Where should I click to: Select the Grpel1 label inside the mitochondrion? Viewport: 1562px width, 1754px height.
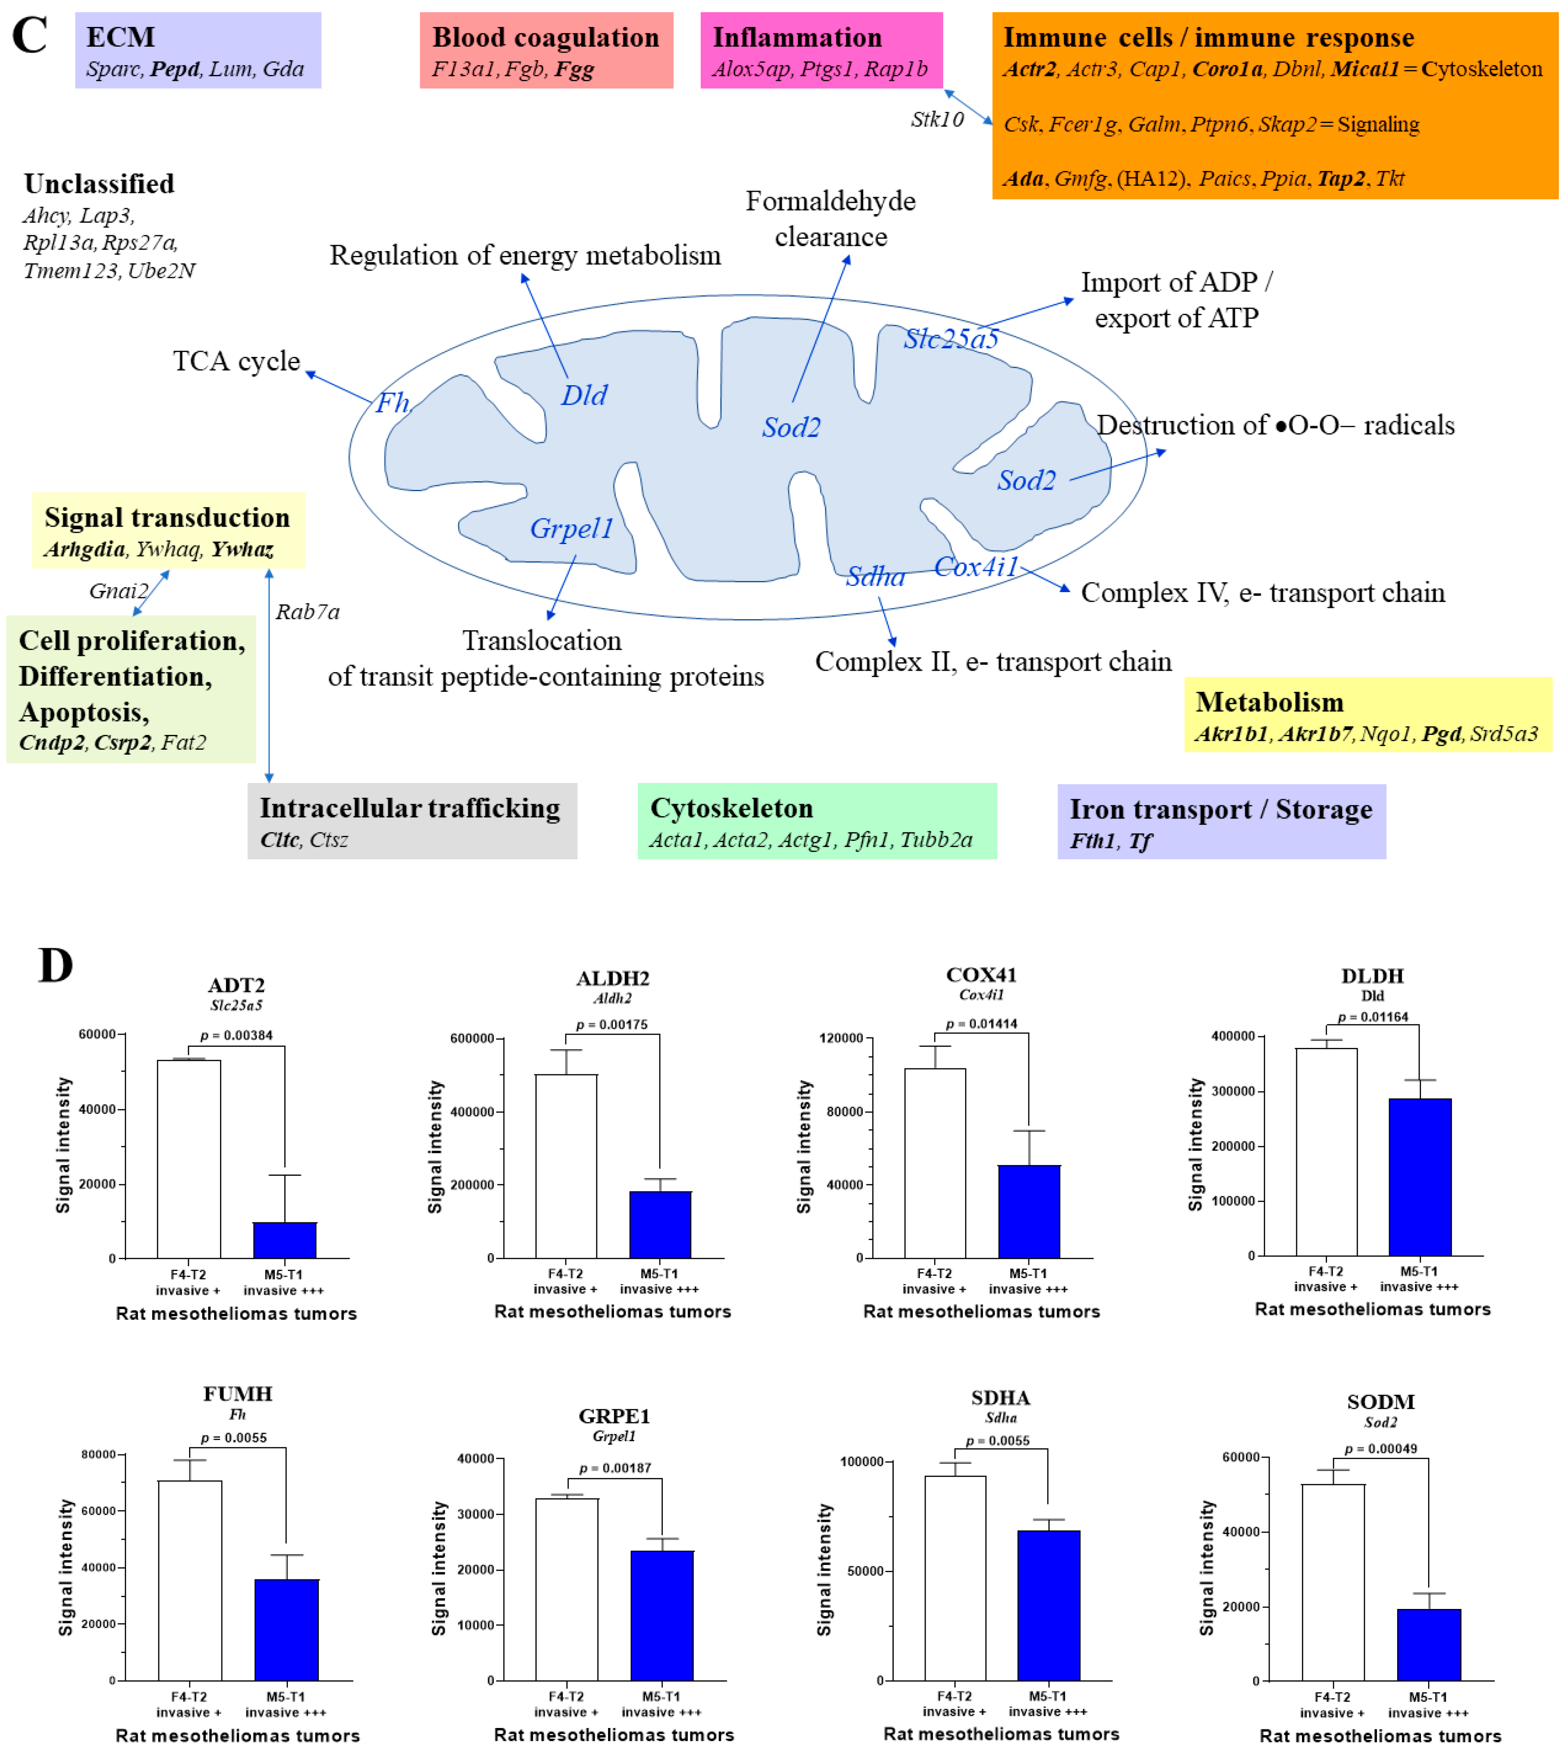572,528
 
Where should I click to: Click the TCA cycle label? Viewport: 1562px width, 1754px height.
236,361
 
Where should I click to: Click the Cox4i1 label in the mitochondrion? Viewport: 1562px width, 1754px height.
976,567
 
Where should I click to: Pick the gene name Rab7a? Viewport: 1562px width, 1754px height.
307,612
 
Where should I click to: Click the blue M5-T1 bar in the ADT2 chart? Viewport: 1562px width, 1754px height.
285,1240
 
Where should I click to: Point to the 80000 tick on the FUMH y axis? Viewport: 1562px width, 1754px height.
98,1455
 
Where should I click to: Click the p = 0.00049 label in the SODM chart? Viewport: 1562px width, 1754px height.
1381,1449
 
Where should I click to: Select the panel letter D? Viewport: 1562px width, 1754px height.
56,965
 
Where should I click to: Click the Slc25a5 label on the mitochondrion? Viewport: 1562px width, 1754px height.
951,339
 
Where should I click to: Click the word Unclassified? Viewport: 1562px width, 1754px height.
100,184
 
